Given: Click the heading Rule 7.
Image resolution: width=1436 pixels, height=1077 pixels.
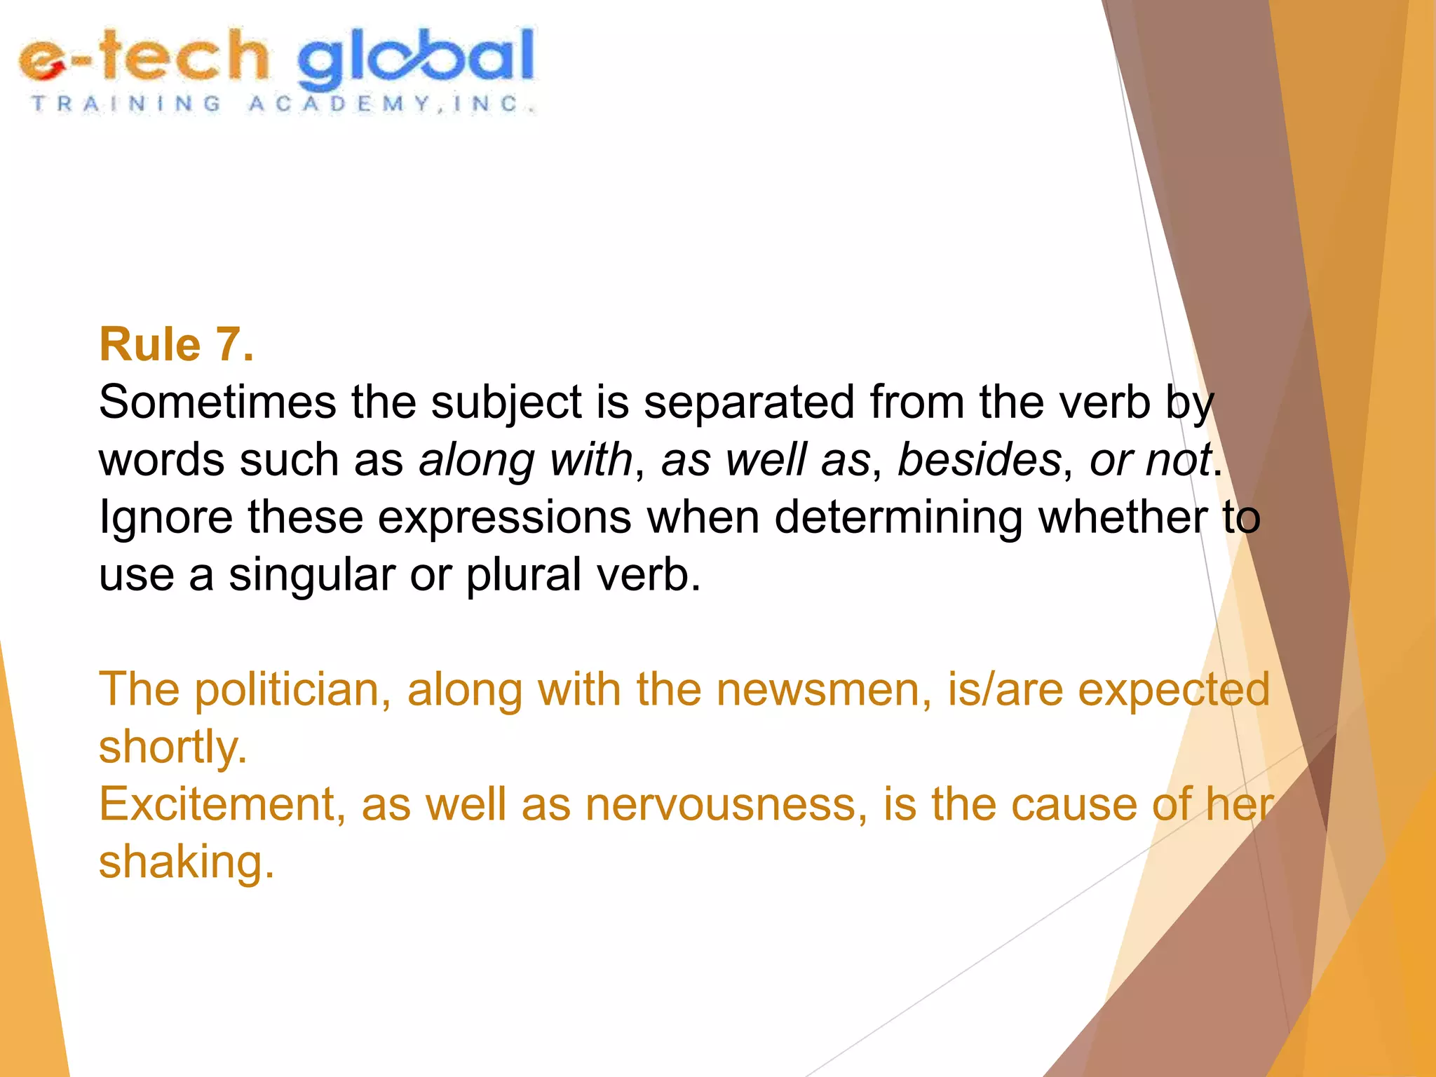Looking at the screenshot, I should [x=176, y=345].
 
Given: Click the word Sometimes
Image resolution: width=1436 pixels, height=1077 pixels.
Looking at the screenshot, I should [x=217, y=403].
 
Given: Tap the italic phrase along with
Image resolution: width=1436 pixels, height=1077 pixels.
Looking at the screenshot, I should [x=526, y=461].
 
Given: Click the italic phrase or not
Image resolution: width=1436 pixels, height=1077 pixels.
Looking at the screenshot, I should [x=1150, y=461].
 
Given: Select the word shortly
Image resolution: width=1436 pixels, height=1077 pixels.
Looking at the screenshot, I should [x=172, y=748].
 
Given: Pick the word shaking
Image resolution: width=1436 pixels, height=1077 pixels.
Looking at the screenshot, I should [x=186, y=862].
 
